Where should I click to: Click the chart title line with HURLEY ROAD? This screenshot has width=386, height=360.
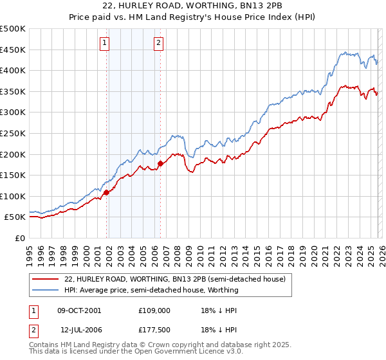[x=192, y=6]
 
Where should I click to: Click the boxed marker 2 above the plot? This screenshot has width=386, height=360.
[x=158, y=43]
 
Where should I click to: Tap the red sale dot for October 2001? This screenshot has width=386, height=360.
[x=106, y=192]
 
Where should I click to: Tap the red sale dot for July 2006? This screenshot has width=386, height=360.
[x=160, y=163]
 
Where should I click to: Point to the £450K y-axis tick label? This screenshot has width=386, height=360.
[x=13, y=50]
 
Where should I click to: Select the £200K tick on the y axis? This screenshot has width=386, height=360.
[x=13, y=154]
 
